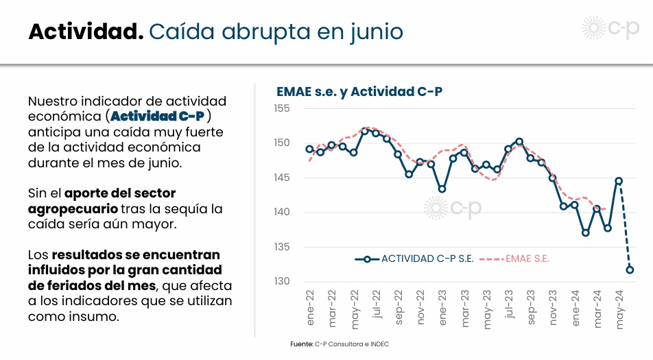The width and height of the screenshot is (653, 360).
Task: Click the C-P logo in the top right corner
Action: tap(610, 29)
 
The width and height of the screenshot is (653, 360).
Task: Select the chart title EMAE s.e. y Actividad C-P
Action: tap(359, 91)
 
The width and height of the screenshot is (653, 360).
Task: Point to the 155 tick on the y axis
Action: tap(281, 108)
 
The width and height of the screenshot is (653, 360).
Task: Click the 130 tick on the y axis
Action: tap(281, 281)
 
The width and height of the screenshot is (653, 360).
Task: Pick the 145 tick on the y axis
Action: tap(281, 178)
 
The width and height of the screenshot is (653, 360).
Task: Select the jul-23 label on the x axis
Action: tap(509, 309)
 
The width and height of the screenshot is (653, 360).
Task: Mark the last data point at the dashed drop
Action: tap(630, 269)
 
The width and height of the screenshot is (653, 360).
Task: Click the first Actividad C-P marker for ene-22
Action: tap(309, 149)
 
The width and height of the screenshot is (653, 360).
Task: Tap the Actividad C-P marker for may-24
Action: tap(619, 181)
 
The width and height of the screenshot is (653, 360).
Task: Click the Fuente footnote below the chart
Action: tap(340, 344)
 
